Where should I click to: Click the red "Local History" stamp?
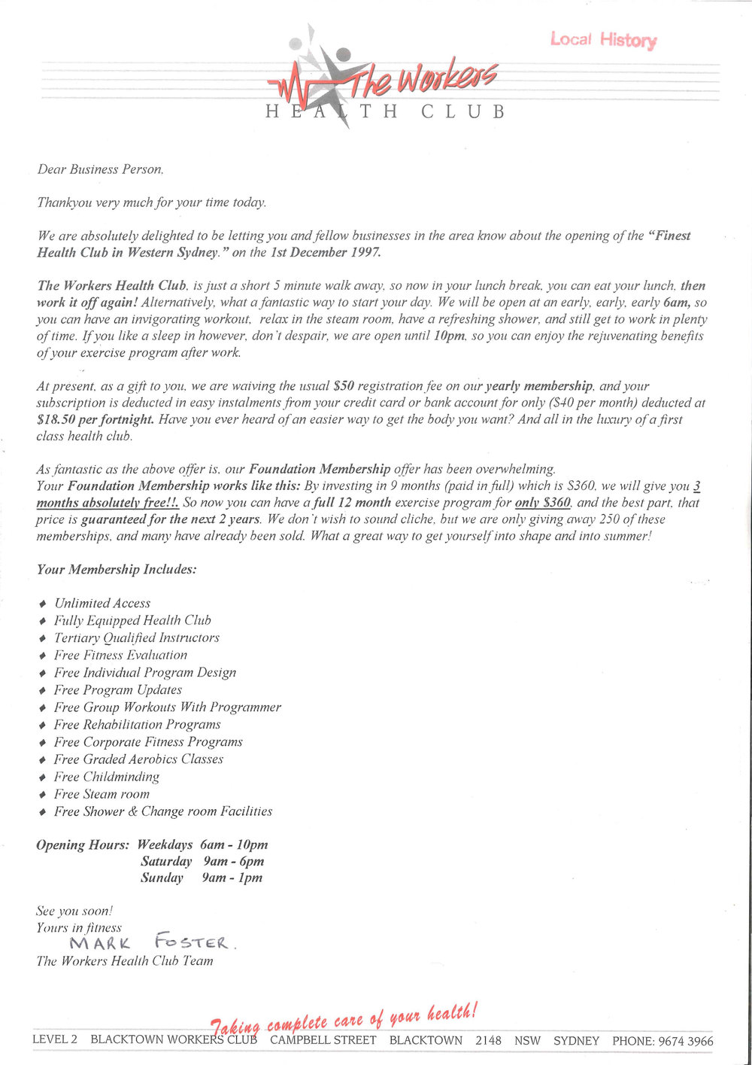coord(603,39)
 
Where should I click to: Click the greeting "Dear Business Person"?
coord(100,169)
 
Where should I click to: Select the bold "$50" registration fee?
coord(343,386)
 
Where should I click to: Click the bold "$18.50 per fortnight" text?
coord(96,419)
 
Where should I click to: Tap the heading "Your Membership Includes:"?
coord(117,569)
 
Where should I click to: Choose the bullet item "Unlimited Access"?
coord(102,603)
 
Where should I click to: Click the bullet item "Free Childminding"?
coord(107,777)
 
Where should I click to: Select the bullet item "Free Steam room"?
coord(102,794)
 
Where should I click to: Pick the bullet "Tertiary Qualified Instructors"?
coord(137,637)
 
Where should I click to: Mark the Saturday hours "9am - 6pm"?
coord(233,861)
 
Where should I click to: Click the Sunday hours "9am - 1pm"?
coord(232,878)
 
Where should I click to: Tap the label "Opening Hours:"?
coord(83,844)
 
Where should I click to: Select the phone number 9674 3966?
coord(685,1041)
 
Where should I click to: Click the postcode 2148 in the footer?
coord(488,1040)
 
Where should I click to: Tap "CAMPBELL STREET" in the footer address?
coord(323,1040)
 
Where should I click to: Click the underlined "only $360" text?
coord(542,502)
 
